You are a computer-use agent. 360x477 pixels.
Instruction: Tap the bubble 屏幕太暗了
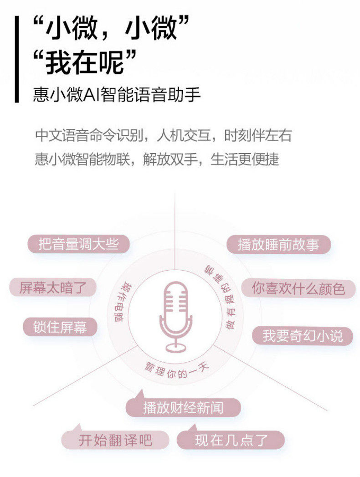pyautogui.click(x=53, y=287)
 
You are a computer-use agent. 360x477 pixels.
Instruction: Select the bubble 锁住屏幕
pyautogui.click(x=60, y=327)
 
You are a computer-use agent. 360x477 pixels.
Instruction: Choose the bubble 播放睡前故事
pyautogui.click(x=278, y=244)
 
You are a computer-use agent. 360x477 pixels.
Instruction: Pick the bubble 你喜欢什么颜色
pyautogui.click(x=298, y=288)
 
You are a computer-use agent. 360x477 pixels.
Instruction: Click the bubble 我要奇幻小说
pyautogui.click(x=302, y=336)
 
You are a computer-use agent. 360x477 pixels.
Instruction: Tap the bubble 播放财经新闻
pyautogui.click(x=183, y=407)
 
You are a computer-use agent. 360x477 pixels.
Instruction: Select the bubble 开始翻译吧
pyautogui.click(x=115, y=440)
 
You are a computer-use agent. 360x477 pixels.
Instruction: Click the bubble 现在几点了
pyautogui.click(x=231, y=440)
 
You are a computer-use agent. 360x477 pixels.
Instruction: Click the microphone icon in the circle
pyautogui.click(x=175, y=316)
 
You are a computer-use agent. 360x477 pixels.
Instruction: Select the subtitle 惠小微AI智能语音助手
pyautogui.click(x=117, y=95)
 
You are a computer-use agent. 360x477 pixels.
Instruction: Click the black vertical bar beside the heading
pyautogui.click(x=16, y=59)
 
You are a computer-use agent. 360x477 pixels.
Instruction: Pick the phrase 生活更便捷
pyautogui.click(x=245, y=159)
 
